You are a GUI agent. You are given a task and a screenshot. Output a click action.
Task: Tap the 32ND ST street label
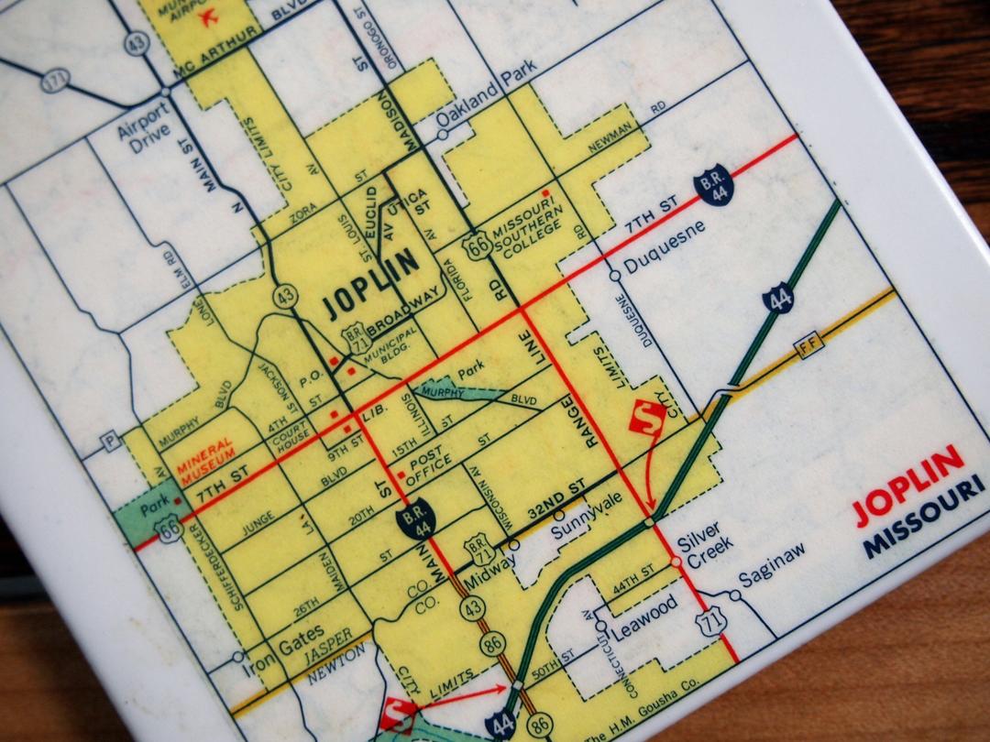tap(555, 504)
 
